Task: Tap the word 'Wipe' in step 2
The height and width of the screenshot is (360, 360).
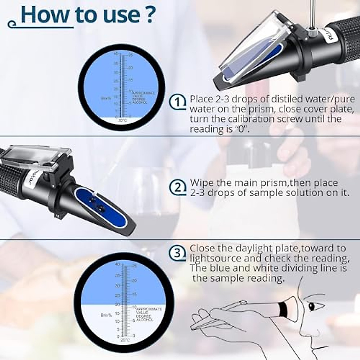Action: pyautogui.click(x=203, y=183)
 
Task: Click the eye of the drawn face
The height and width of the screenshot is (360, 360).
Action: pyautogui.click(x=312, y=306)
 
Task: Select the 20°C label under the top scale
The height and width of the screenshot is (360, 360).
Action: pyautogui.click(x=122, y=120)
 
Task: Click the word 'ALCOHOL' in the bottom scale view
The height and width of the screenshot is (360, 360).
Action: pyautogui.click(x=145, y=320)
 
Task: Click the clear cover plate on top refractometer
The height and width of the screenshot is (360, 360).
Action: pyautogui.click(x=249, y=45)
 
